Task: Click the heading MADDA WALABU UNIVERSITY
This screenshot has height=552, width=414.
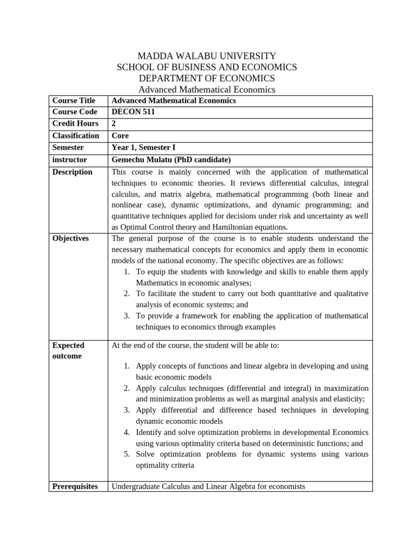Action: (207, 56)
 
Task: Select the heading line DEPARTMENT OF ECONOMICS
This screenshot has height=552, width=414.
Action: (207, 78)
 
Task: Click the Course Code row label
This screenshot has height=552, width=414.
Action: (74, 112)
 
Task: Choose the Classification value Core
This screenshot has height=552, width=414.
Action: (120, 136)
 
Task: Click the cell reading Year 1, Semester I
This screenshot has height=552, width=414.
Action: (143, 147)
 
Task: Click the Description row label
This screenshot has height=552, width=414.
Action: (72, 172)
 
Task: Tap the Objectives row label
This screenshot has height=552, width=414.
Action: (71, 238)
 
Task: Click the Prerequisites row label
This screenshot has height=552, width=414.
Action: (75, 487)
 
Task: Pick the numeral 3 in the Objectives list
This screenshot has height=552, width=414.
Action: (126, 316)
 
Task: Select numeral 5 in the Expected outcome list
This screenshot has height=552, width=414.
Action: (126, 454)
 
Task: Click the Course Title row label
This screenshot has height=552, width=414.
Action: (74, 101)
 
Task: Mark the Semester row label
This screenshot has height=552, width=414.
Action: (68, 147)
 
